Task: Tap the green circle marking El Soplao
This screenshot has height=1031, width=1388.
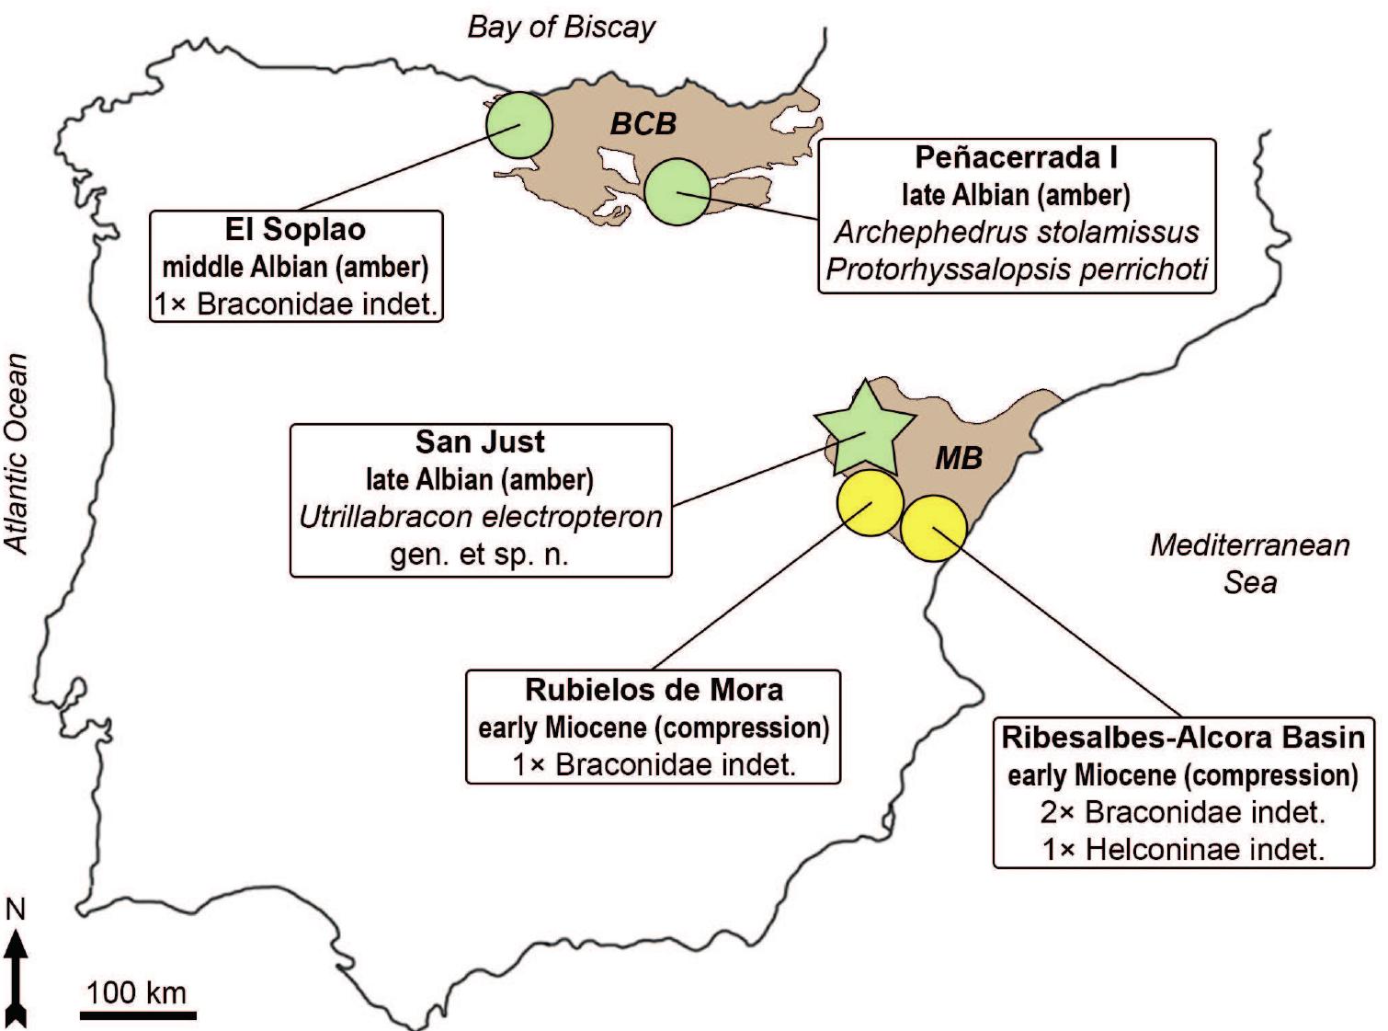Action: click(518, 125)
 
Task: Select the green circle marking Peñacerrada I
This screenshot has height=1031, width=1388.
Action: click(677, 191)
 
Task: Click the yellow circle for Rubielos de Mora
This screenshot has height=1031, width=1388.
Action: click(869, 504)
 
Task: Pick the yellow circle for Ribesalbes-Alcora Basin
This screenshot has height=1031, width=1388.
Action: click(933, 528)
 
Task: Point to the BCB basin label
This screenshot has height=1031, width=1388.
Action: click(643, 123)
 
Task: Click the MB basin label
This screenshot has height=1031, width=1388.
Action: click(959, 457)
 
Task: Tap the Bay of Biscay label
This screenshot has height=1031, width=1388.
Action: click(561, 27)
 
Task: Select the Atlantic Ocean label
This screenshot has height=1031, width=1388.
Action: click(17, 453)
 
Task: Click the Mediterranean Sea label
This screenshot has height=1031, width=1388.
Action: click(1249, 563)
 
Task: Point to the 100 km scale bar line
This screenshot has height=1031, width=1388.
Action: click(138, 1015)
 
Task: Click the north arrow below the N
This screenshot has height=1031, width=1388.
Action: click(17, 975)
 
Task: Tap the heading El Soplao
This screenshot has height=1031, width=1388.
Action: click(295, 229)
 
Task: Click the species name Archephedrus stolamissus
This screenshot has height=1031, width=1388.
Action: click(1017, 232)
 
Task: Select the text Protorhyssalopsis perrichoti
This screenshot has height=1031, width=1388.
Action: click(1017, 269)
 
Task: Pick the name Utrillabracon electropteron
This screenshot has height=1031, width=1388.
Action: click(481, 517)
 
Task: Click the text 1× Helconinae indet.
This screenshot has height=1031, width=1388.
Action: click(1183, 849)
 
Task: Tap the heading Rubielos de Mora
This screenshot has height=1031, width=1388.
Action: click(654, 690)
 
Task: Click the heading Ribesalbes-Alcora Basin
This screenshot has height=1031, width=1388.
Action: click(1183, 737)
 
